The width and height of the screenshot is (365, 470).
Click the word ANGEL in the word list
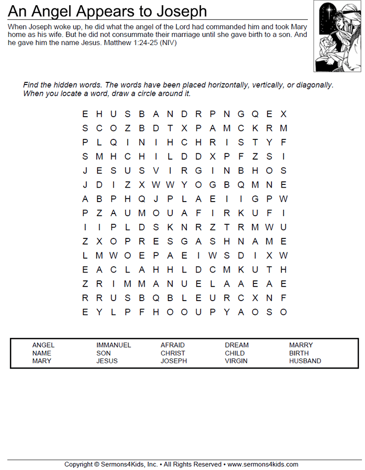click(x=43, y=345)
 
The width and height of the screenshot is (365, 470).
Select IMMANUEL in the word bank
click(x=114, y=345)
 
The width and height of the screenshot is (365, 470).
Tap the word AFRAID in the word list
click(x=172, y=345)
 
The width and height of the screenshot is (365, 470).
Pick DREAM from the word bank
click(x=237, y=345)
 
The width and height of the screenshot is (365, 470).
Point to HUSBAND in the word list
click(x=305, y=361)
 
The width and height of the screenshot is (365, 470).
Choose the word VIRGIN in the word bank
click(x=236, y=361)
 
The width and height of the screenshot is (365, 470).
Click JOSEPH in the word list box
click(x=174, y=361)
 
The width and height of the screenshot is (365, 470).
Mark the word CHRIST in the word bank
click(x=173, y=353)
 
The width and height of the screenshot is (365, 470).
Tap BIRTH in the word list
click(x=299, y=353)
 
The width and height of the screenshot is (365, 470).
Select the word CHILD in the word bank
click(x=235, y=353)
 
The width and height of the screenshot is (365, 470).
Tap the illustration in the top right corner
click(x=337, y=36)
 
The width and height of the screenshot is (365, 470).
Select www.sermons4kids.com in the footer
click(x=263, y=464)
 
